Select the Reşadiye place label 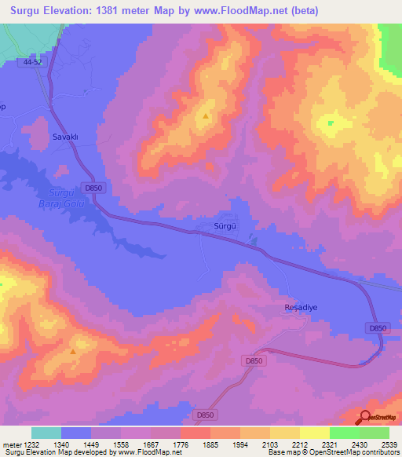pyautogui.click(x=299, y=309)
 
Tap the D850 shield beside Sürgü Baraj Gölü pyautogui.click(x=93, y=188)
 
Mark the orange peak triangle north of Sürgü pyautogui.click(x=206, y=116)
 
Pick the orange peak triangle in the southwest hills pyautogui.click(x=73, y=351)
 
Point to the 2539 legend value pyautogui.click(x=389, y=444)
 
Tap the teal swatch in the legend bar pyautogui.click(x=46, y=433)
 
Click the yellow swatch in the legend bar pyautogui.click(x=285, y=433)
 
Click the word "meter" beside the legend pyautogui.click(x=9, y=444)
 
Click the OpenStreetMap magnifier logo pyautogui.click(x=365, y=418)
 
